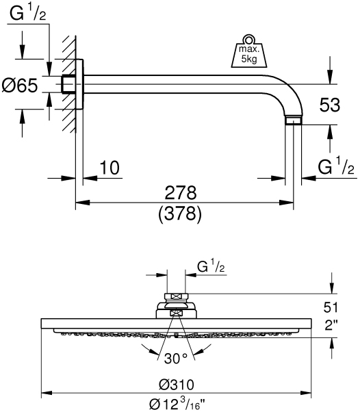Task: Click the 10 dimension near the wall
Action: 108,168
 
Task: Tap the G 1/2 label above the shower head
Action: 211,265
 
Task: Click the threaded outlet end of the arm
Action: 294,122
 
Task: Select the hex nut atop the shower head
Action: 177,298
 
